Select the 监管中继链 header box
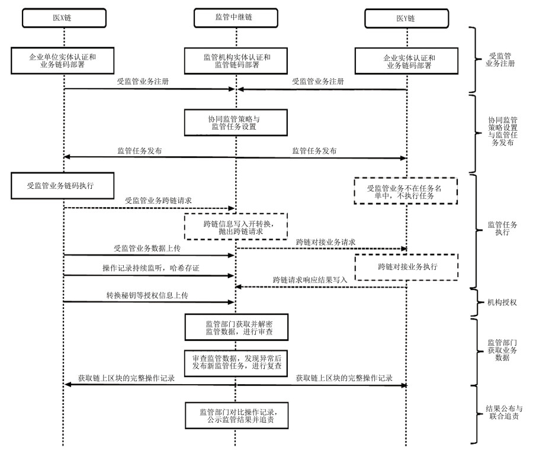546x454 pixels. [236, 18]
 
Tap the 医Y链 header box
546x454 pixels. [406, 19]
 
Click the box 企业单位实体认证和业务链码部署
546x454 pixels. [64, 61]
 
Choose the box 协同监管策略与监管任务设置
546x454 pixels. [236, 122]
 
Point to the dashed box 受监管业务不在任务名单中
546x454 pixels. [406, 191]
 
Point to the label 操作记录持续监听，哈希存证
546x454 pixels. [151, 269]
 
